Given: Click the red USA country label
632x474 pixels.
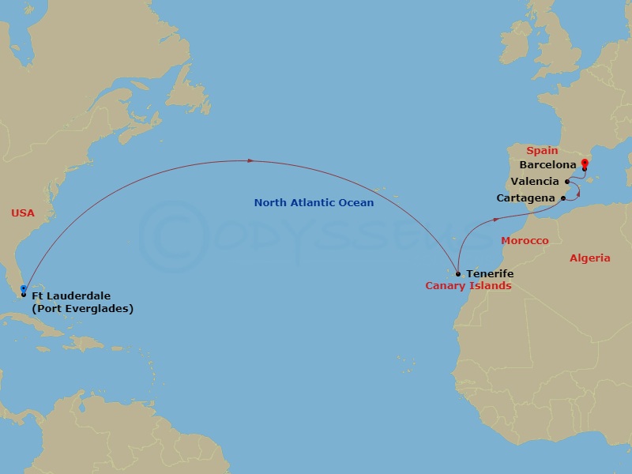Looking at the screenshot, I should (x=24, y=213).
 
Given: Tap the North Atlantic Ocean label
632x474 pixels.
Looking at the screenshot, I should (x=314, y=203).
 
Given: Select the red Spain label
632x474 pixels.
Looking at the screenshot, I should (x=542, y=150).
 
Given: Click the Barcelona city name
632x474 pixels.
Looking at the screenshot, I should (x=547, y=165).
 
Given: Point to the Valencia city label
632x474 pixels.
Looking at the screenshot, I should (x=535, y=182).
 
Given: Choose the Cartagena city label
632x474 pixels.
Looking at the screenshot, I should (x=526, y=197).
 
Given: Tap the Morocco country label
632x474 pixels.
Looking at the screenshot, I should (x=525, y=240).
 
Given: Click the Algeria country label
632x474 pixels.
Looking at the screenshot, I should (x=589, y=258).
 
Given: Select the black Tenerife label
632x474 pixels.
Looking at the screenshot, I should (x=490, y=273).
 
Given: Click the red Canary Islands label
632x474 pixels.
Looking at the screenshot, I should (x=468, y=286).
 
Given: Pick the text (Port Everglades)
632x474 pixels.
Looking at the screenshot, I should (x=82, y=308).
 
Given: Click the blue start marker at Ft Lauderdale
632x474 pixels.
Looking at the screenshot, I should (x=24, y=289).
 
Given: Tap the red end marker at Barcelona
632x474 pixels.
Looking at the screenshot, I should (x=584, y=164).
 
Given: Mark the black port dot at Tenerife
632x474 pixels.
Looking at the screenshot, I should (x=458, y=274).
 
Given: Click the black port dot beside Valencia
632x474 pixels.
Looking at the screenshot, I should (x=567, y=182).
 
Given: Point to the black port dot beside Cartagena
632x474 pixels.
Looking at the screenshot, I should (x=562, y=197).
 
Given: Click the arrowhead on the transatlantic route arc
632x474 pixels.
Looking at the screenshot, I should (x=250, y=161).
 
